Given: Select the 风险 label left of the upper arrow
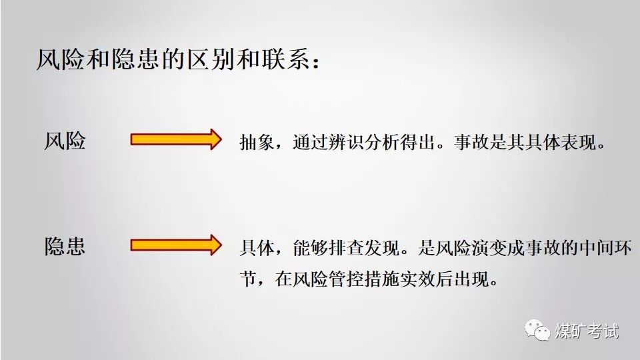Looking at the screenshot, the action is coord(65,140).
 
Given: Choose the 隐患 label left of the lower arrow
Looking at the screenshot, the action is coord(65,246).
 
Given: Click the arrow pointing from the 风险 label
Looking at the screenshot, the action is coord(175,139).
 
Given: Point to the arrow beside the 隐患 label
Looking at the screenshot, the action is coord(175,245).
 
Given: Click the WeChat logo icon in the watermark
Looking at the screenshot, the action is coord(537,330).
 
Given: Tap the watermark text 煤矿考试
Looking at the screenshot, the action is coord(587,331).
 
